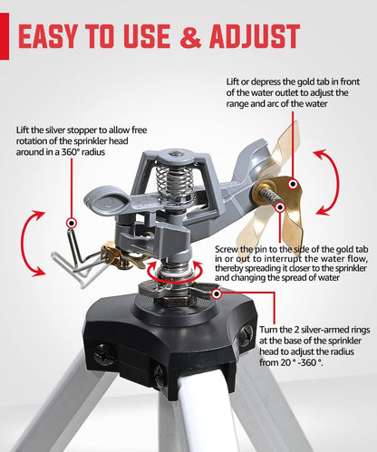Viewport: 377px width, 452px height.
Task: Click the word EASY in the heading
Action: coord(48,36)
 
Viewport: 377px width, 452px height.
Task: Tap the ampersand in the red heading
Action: coord(190,36)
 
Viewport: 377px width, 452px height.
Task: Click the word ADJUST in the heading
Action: coord(255,36)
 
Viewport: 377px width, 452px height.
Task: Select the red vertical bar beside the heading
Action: coord(5,36)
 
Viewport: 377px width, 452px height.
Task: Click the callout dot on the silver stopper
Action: coord(72,224)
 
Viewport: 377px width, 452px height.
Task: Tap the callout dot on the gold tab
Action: coord(293,184)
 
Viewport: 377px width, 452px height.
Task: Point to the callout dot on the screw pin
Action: coord(280,207)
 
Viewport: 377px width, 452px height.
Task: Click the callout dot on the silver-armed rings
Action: coord(217,293)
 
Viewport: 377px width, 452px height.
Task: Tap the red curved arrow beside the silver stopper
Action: coord(24,244)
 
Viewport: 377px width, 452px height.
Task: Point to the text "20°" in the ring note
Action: coord(287,362)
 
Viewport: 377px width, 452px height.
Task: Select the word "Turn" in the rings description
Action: coord(267,330)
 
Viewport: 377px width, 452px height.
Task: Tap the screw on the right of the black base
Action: coord(246,334)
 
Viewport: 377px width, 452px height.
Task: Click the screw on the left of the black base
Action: coord(104,354)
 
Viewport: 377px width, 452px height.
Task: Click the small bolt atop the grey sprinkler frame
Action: coord(174,154)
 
